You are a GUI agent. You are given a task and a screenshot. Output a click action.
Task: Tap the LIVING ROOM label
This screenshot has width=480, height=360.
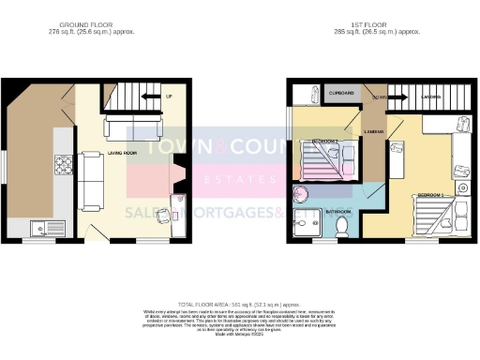coord(124,152)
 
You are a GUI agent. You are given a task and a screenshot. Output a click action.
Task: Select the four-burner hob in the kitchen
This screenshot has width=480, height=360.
coord(65,165)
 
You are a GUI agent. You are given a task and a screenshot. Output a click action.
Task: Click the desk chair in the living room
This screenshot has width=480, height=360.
coord(165,216)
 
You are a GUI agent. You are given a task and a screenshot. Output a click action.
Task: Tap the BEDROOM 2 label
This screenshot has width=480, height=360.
coord(324,141)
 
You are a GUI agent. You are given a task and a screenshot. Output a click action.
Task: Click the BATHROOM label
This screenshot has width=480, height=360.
coord(337,211)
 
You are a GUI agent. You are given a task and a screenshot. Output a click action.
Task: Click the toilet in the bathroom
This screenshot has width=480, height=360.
coord(343,227)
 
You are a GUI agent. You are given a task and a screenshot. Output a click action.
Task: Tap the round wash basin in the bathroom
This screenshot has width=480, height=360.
coord(302,195)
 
